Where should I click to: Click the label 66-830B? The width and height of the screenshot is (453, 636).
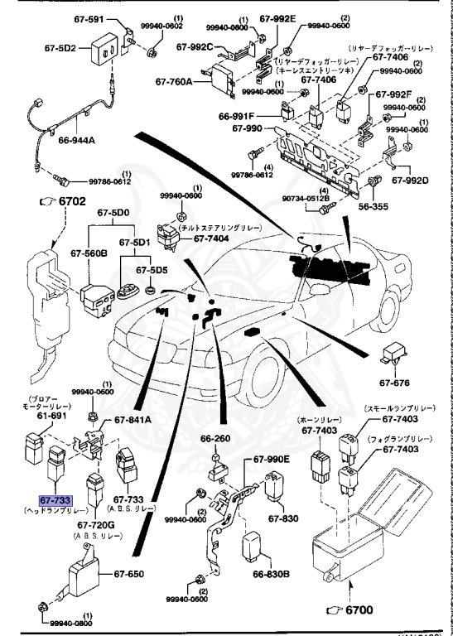pos(269,576)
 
